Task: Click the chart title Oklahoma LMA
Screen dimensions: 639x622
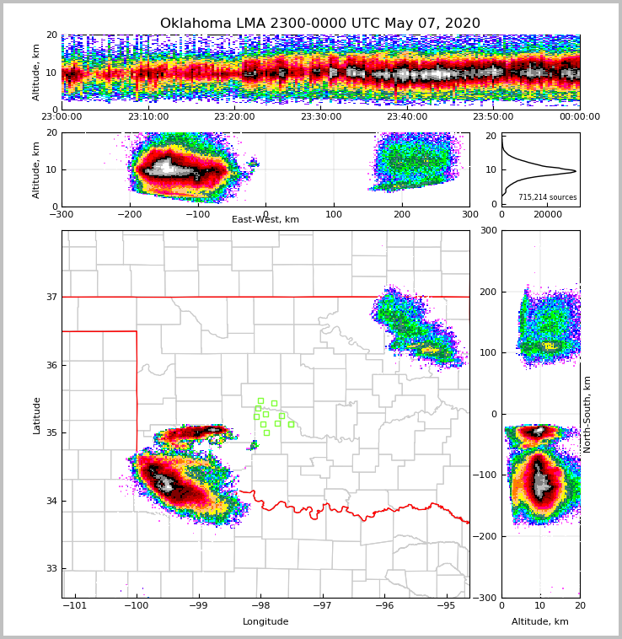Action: (320, 24)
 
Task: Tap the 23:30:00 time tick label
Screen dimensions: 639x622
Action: (320, 117)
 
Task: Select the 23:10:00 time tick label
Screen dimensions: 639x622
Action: (147, 117)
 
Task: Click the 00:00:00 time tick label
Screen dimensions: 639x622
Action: (580, 117)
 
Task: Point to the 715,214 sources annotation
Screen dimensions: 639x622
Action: (548, 197)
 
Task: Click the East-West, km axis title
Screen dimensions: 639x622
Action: (265, 220)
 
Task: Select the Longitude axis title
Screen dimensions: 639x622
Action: (265, 622)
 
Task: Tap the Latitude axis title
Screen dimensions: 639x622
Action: (36, 415)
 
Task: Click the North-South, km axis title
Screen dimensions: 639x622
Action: (587, 414)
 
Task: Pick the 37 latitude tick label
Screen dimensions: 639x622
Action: (51, 297)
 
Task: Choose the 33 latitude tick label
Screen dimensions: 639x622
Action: (51, 569)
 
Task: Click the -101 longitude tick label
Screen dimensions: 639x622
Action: (76, 605)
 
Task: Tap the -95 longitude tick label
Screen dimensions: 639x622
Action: (447, 605)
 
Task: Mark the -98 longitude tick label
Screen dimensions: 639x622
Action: (260, 605)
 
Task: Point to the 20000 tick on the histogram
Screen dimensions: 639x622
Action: (548, 214)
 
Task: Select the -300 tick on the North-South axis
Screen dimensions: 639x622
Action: (487, 598)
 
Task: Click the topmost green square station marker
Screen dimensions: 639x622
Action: (260, 400)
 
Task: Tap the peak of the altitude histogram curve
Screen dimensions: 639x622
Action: (576, 171)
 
